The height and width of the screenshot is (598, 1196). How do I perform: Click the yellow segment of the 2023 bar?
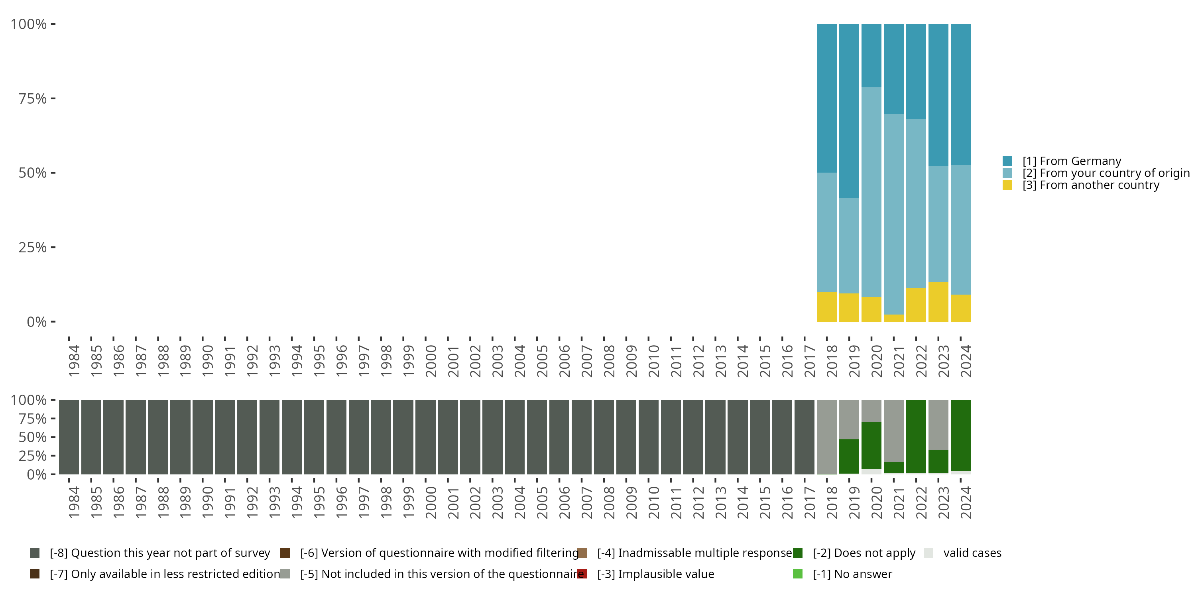pos(938,302)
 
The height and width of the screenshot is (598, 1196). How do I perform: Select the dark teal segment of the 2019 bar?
pos(849,111)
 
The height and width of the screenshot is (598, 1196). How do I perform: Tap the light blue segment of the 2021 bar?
pos(894,214)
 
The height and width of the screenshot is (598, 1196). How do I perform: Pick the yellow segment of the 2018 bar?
pos(827,307)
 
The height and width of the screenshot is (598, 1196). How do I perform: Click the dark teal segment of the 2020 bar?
pos(871,56)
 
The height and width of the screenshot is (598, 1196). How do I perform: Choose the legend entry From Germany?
pos(1062,161)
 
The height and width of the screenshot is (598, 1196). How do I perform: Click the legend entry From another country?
pos(1081,185)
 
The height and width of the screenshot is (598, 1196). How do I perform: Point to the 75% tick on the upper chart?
pos(53,98)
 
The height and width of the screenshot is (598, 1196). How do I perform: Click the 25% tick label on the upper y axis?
pos(33,248)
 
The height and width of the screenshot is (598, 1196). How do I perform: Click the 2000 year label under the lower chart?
pos(431,503)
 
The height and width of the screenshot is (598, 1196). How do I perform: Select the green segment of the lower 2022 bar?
pos(916,437)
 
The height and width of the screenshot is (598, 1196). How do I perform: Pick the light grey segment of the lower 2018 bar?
pos(827,437)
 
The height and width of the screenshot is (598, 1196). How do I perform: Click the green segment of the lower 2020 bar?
pos(871,446)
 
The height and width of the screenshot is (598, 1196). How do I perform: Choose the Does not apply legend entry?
pos(854,553)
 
